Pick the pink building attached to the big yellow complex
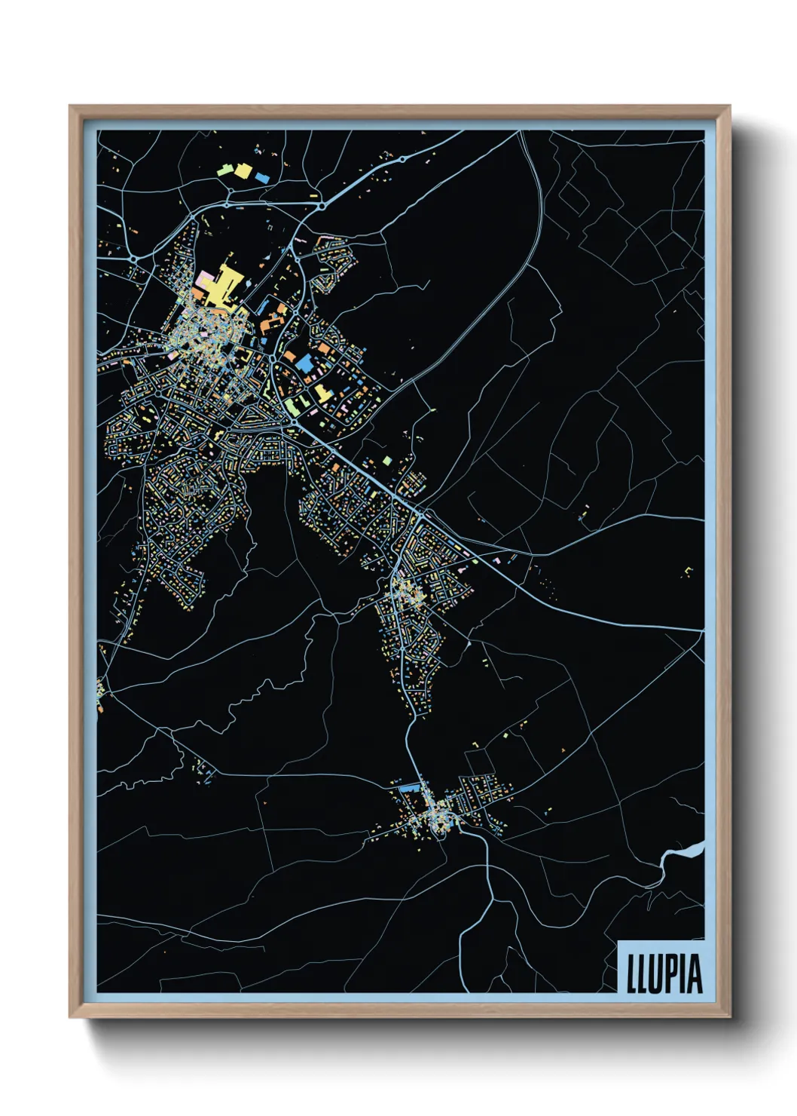[202, 281]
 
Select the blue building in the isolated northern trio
[261, 178]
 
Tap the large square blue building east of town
[304, 363]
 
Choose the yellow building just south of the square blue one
[322, 391]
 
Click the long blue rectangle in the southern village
[408, 788]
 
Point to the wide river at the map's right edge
[682, 854]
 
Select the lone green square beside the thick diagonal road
[387, 460]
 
